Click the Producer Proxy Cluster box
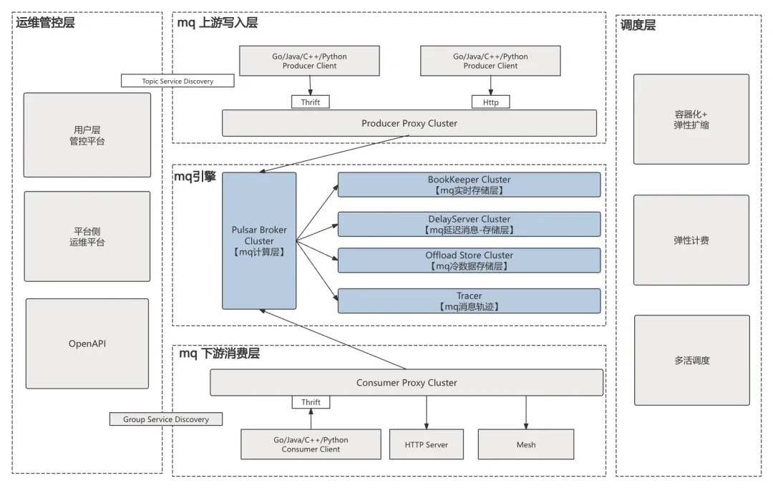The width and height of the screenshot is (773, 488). tap(409, 123)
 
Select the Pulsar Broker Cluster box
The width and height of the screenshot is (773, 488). tap(259, 241)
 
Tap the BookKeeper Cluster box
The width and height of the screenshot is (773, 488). tap(469, 185)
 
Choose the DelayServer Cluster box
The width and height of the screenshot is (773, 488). tap(469, 224)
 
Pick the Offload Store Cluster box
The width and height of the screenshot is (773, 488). tap(469, 260)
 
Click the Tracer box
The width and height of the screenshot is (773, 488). tap(469, 301)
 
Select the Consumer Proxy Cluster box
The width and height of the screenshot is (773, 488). tap(407, 383)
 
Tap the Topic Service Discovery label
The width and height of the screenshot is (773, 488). tap(178, 81)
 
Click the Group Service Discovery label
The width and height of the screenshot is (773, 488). tap(166, 419)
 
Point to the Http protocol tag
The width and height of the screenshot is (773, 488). tap(490, 102)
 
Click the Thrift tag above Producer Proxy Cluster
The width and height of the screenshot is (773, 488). tap(311, 102)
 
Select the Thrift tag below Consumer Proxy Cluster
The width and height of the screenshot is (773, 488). tap(311, 402)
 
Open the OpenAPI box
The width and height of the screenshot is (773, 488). tap(87, 343)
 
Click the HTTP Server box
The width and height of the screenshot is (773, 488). tap(427, 444)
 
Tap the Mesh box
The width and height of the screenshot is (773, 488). tap(526, 444)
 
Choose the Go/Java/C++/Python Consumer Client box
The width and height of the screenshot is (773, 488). tap(311, 444)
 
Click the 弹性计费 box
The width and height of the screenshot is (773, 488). tap(691, 240)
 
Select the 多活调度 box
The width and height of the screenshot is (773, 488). tap(691, 361)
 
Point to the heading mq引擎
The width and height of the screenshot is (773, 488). tap(195, 177)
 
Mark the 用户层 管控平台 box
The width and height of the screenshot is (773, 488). tap(87, 135)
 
